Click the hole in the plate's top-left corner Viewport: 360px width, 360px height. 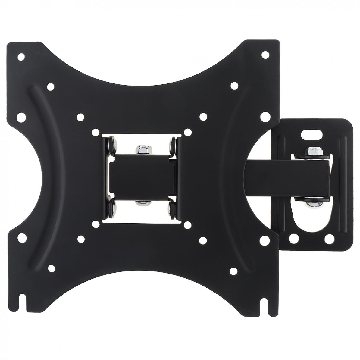pos(21,56)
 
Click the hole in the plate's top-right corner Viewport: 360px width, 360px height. pos(265,55)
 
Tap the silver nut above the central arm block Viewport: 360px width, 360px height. pos(141,149)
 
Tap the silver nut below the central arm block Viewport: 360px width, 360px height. pos(140,204)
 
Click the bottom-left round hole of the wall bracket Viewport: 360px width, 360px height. pos(292,238)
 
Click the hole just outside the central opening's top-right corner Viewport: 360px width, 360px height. pos(187,132)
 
